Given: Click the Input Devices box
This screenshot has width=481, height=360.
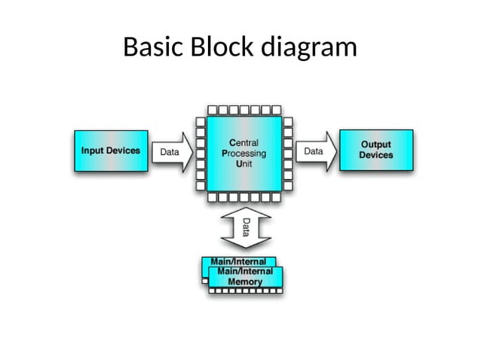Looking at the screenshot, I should (x=110, y=151).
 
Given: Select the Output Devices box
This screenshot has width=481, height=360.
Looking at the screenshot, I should (x=376, y=150).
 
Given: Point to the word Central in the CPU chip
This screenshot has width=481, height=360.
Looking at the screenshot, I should (x=244, y=142).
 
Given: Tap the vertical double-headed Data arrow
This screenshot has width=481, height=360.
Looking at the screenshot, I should (x=244, y=228).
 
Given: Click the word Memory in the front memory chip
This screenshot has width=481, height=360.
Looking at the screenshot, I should (x=245, y=282).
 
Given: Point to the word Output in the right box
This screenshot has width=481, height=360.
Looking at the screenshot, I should (x=375, y=144).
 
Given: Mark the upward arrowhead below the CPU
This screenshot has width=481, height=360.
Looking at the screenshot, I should (x=244, y=214).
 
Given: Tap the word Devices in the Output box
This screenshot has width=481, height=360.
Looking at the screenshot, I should (x=375, y=155).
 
